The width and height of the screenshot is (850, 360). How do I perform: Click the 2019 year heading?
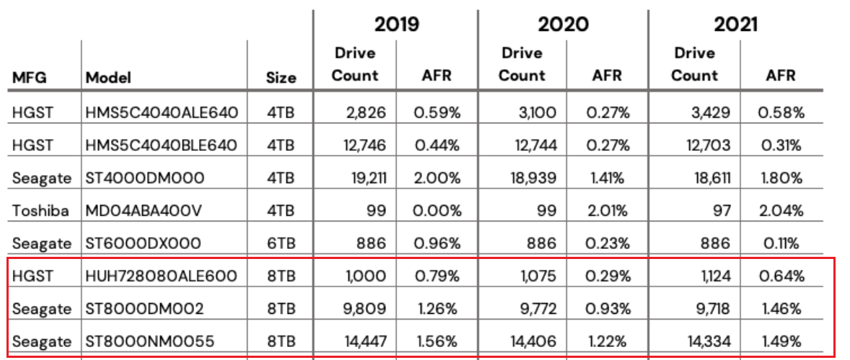pyautogui.click(x=396, y=24)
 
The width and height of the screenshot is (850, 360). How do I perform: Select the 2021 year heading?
pyautogui.click(x=736, y=24)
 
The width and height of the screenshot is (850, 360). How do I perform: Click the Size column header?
pyautogui.click(x=281, y=78)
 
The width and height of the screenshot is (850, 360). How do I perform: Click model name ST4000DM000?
pyautogui.click(x=145, y=177)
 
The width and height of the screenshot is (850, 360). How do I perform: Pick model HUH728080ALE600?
pyautogui.click(x=161, y=276)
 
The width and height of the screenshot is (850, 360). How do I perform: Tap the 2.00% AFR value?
pyautogui.click(x=436, y=177)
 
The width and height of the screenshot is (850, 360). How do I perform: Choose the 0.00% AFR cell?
pyautogui.click(x=436, y=211)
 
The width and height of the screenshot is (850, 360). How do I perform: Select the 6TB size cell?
pyautogui.click(x=280, y=243)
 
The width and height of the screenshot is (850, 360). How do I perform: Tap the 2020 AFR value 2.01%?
pyautogui.click(x=606, y=211)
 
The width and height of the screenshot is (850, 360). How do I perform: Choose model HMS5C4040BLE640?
pyautogui.click(x=161, y=144)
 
